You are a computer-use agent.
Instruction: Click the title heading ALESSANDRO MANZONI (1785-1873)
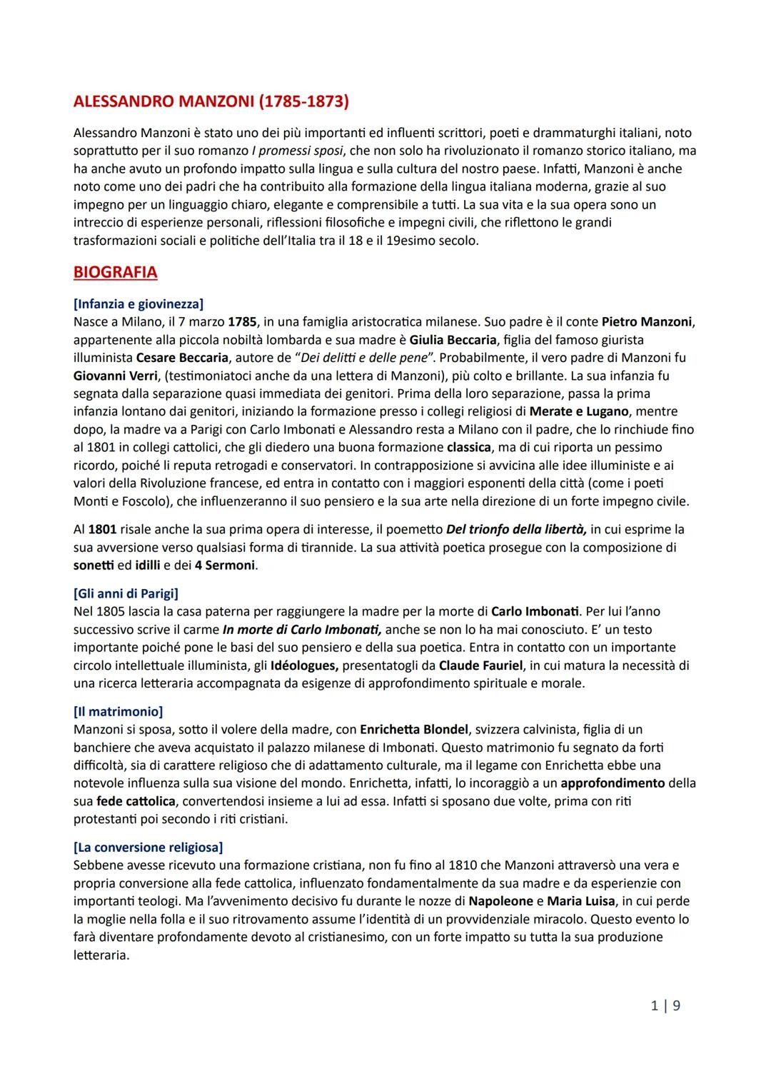[211, 102]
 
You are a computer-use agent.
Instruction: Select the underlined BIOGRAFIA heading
[115, 273]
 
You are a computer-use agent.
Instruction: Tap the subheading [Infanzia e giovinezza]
[138, 305]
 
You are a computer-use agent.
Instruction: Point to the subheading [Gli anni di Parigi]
[126, 594]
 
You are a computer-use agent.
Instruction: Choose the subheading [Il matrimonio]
[118, 712]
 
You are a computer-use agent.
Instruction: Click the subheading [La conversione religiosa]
[148, 848]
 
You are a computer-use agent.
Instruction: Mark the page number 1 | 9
[665, 1006]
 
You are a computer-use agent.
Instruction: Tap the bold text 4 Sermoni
[225, 565]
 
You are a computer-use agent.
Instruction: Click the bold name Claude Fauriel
[481, 665]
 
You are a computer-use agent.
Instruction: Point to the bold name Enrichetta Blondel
[414, 730]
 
